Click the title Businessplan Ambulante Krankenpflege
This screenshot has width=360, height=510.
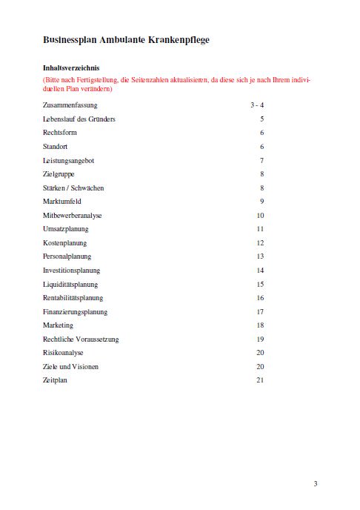125,39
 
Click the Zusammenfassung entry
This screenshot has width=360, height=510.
70,105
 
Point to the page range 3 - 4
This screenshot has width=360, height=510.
258,105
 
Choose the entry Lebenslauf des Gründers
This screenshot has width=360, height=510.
79,119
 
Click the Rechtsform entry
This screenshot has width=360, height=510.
60,133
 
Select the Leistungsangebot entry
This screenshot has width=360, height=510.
68,160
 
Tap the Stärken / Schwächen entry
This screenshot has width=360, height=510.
73,188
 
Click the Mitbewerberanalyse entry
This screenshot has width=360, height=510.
73,216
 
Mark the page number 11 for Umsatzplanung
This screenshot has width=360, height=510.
261,229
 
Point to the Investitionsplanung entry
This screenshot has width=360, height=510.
71,271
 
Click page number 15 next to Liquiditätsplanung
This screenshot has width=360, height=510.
261,284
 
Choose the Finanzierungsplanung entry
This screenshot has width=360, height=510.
76,312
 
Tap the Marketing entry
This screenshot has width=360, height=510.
59,325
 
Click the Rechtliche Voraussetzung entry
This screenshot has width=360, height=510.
81,340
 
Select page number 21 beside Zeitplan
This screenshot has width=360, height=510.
261,380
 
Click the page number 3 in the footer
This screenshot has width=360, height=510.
316,484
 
